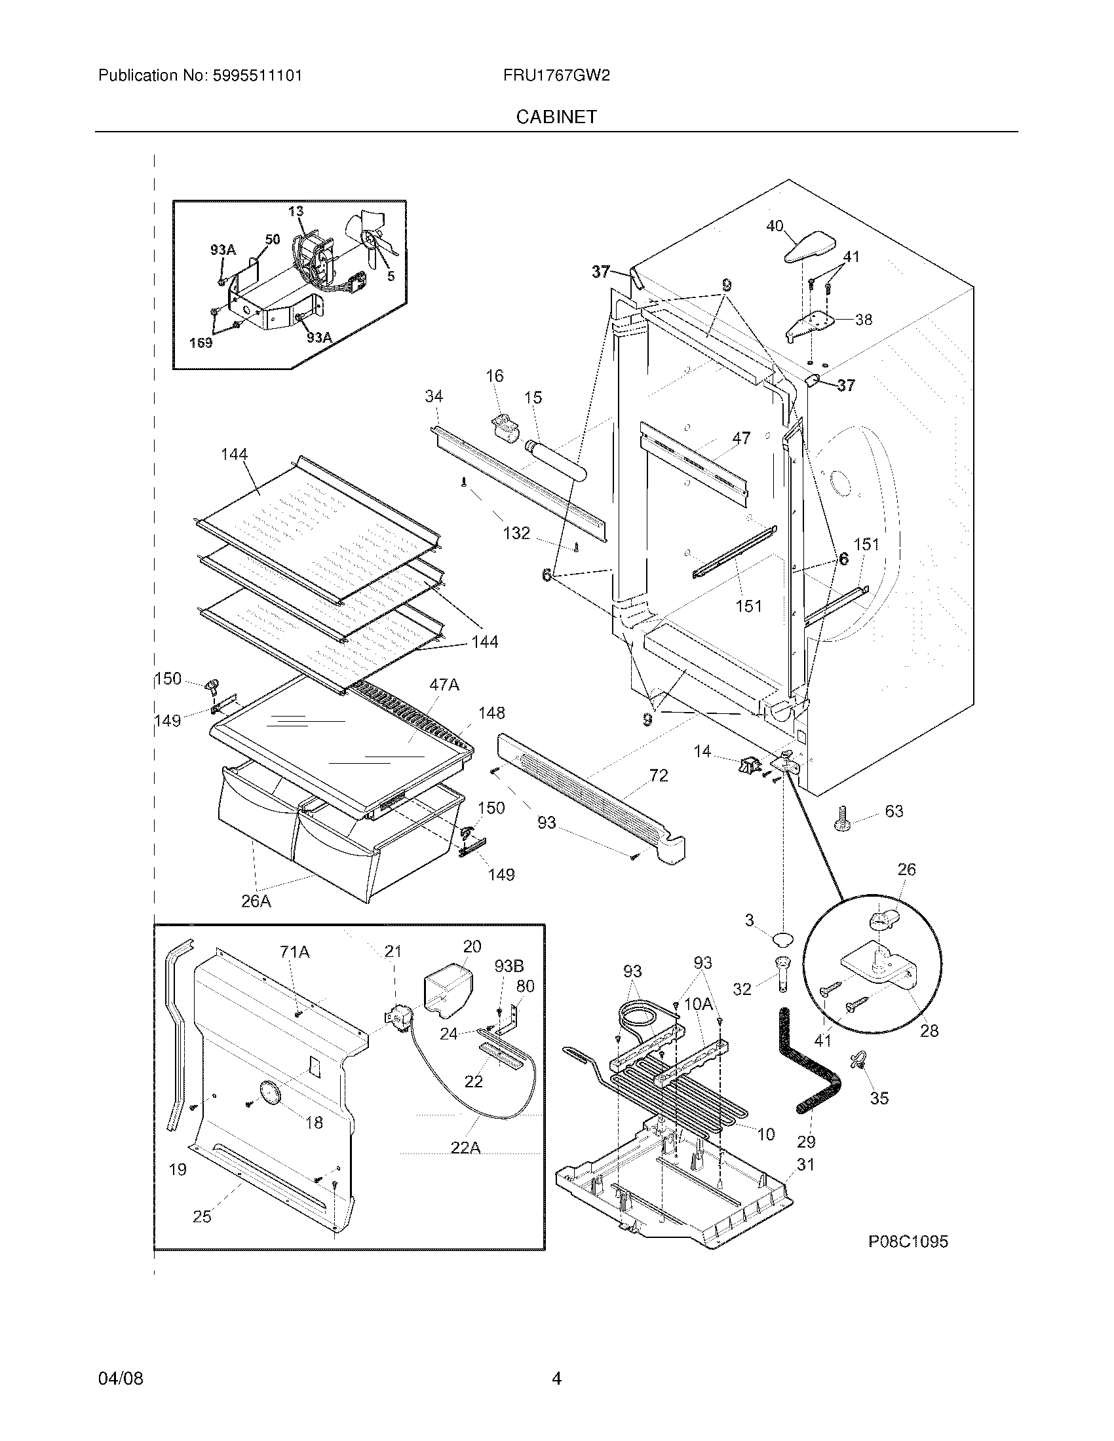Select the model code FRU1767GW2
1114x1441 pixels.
click(x=556, y=76)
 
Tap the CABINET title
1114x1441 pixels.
click(x=556, y=117)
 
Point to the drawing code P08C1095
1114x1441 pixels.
click(x=908, y=1242)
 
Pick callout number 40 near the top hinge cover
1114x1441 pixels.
click(x=774, y=227)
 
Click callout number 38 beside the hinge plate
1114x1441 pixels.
click(x=863, y=320)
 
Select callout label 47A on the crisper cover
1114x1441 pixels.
click(x=444, y=685)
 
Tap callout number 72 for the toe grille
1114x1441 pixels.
click(x=659, y=776)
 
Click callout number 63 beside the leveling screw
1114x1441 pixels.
click(x=894, y=811)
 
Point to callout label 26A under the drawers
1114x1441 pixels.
click(x=256, y=901)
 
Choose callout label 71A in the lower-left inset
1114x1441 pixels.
click(x=294, y=952)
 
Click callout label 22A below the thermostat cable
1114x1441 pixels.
click(x=465, y=1148)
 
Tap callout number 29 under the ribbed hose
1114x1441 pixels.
click(x=807, y=1141)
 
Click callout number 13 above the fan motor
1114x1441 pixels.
click(x=296, y=211)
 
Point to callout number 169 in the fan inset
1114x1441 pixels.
click(x=201, y=343)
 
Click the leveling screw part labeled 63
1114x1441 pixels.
click(x=845, y=817)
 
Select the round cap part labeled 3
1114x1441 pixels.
click(x=781, y=939)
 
